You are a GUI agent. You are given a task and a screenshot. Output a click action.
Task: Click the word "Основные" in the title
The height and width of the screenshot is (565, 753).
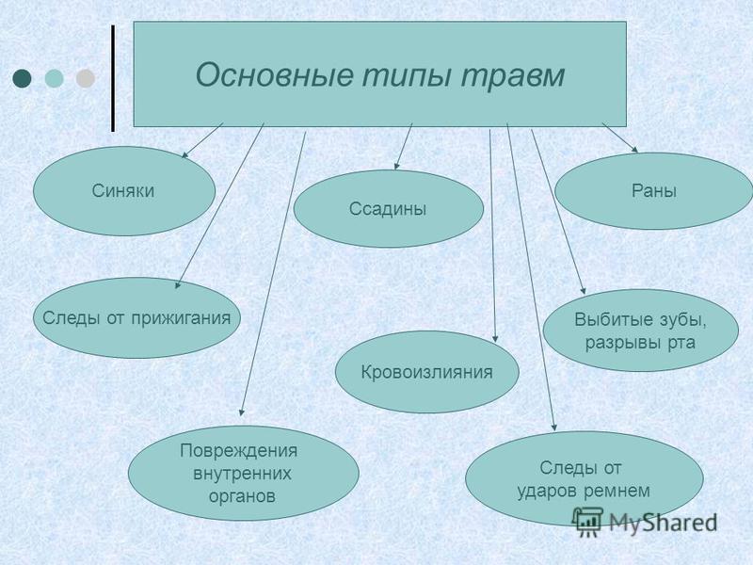[x=275, y=75]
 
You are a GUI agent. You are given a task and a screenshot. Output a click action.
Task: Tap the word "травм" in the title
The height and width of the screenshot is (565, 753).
[x=512, y=76]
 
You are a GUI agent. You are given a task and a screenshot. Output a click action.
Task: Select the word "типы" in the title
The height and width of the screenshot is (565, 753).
[x=408, y=76]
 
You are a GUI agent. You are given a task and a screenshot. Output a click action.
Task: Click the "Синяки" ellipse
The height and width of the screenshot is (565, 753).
[x=124, y=191]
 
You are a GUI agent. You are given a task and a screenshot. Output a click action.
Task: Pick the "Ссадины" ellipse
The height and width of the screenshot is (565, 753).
[x=388, y=208]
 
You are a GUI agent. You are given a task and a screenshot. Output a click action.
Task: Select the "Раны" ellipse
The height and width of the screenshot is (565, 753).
[x=653, y=191]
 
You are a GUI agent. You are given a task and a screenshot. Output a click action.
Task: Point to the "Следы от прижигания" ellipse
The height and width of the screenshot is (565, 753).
[x=136, y=317]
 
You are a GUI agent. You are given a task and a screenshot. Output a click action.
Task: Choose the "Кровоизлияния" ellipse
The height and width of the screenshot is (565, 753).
[x=427, y=372]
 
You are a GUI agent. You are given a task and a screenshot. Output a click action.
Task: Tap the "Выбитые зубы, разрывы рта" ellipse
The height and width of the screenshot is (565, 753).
[x=641, y=331]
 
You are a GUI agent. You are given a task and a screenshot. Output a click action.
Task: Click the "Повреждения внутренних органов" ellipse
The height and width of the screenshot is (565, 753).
[x=244, y=474]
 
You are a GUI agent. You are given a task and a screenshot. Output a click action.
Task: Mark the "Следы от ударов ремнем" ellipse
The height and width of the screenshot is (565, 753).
[x=584, y=478]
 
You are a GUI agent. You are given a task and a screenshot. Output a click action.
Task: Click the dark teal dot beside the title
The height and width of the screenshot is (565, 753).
[x=22, y=78]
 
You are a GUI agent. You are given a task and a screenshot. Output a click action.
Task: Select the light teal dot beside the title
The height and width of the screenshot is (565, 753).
[x=54, y=78]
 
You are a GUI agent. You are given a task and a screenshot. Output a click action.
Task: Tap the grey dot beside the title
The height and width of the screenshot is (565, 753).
[x=86, y=78]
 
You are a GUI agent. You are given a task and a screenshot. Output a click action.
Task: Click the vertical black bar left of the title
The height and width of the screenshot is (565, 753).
[x=113, y=78]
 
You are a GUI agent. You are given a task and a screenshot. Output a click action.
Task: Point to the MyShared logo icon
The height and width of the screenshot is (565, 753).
[x=587, y=522]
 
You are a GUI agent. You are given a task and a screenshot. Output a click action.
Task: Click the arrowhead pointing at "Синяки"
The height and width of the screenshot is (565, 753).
[x=184, y=154]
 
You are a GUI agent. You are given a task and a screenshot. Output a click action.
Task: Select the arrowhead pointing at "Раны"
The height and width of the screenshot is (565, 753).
[x=634, y=150]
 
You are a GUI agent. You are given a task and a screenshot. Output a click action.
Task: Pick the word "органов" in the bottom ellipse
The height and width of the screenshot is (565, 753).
[x=242, y=496]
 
